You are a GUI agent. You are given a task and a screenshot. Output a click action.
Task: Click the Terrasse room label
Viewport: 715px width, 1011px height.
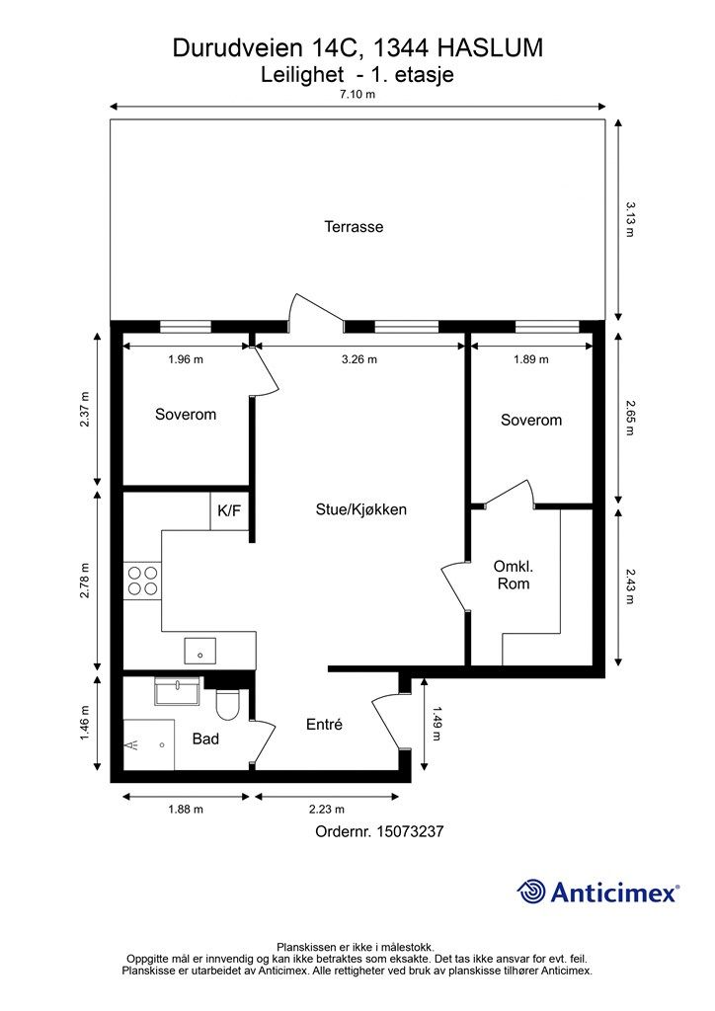(354, 227)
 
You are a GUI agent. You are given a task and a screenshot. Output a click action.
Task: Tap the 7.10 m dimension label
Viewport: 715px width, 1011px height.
(357, 94)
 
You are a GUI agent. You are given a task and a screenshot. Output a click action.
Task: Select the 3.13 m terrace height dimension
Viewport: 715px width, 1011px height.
(630, 219)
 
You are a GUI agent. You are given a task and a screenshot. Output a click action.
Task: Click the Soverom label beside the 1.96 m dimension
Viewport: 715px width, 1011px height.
(186, 414)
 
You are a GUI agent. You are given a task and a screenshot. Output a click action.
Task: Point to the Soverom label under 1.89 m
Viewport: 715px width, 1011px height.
(531, 421)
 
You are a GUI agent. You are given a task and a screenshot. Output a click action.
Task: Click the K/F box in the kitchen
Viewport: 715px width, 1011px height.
(229, 511)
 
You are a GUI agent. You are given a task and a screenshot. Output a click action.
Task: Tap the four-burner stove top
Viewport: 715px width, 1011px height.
(142, 581)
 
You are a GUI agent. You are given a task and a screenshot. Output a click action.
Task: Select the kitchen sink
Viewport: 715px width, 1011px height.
(199, 651)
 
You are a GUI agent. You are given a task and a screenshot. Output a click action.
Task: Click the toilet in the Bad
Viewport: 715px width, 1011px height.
(227, 704)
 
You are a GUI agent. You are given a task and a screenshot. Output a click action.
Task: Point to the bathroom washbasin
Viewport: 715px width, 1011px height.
(178, 691)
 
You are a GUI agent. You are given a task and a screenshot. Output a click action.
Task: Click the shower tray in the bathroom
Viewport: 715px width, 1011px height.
(149, 745)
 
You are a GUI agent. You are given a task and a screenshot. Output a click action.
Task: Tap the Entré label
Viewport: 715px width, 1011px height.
(324, 725)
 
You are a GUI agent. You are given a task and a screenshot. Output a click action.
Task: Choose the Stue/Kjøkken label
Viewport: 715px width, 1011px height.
(361, 510)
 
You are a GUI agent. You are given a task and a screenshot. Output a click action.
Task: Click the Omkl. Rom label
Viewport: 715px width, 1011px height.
(514, 576)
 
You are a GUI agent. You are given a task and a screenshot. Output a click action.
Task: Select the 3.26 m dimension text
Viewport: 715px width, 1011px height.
(359, 359)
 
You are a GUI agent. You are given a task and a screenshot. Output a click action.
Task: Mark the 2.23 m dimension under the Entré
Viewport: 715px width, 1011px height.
(327, 810)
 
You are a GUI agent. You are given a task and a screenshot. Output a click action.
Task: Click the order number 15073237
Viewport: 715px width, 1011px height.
(410, 831)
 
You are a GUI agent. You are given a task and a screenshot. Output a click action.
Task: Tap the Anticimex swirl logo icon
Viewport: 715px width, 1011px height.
(531, 892)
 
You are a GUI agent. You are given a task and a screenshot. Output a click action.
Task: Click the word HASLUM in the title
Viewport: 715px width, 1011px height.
(490, 48)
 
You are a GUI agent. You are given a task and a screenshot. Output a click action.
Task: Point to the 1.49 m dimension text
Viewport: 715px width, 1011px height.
(437, 724)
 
